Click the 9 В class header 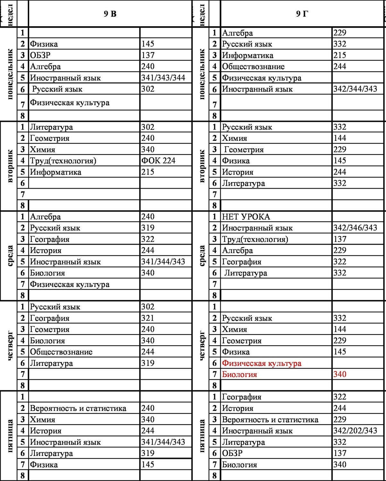[x=110, y=13]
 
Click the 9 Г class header [x=302, y=13]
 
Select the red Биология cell [x=239, y=375]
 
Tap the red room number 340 [x=340, y=374]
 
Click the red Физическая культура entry [x=262, y=363]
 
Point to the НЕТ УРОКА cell [x=246, y=217]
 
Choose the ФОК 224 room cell [x=158, y=161]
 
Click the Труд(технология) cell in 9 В [x=63, y=161]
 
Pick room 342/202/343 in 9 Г [x=355, y=431]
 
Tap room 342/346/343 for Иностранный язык [x=355, y=228]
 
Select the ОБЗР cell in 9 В [x=40, y=55]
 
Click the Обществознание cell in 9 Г [x=253, y=67]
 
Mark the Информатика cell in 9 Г [x=248, y=55]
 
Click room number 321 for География [x=148, y=318]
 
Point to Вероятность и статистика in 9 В [x=78, y=408]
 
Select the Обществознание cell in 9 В [x=61, y=352]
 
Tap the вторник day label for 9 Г [x=202, y=166]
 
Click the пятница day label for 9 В [x=10, y=435]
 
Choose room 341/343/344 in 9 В [x=163, y=78]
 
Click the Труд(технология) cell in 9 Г [x=255, y=239]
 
